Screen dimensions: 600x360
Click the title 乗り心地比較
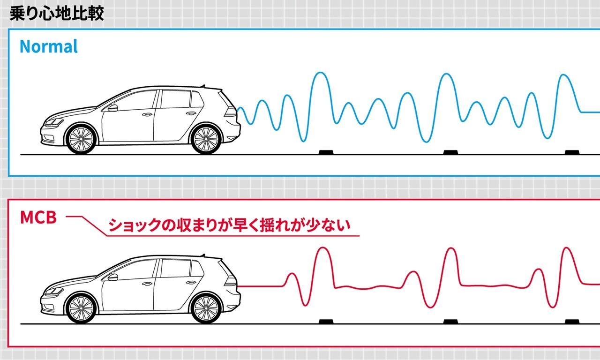point(57,13)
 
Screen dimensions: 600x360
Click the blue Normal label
point(49,47)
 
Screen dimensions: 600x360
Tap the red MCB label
point(38,217)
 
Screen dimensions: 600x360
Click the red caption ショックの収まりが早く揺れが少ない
point(229,225)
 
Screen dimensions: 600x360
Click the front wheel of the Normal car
point(81,139)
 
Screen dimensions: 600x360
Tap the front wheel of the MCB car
point(81,309)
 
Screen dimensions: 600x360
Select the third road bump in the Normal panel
point(572,152)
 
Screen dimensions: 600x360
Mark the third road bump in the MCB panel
point(572,322)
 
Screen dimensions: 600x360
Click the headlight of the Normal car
point(53,123)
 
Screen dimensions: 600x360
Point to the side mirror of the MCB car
point(113,277)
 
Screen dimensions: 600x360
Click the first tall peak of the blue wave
point(320,74)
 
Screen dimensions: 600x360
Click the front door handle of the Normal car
point(147,114)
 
